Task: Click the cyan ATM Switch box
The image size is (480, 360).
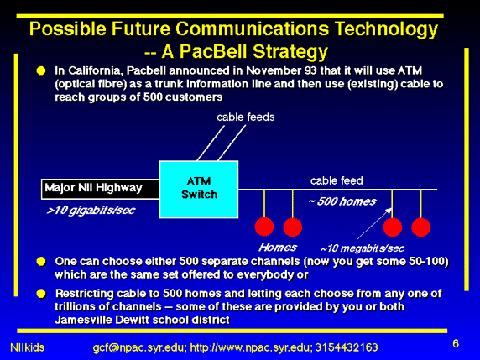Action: [199, 190]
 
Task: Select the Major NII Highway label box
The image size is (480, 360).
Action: [101, 189]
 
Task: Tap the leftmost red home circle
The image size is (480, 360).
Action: [264, 227]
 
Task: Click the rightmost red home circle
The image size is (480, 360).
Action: [421, 227]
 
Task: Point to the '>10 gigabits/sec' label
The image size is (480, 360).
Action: [91, 211]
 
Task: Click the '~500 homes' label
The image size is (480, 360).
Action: [342, 201]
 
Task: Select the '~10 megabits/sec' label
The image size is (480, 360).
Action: [363, 248]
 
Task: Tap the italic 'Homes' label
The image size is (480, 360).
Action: [278, 247]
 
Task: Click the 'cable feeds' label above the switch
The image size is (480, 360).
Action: [246, 117]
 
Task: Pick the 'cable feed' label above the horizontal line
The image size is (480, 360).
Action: [337, 180]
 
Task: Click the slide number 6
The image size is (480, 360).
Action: [456, 344]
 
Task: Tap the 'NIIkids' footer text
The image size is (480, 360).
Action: [27, 347]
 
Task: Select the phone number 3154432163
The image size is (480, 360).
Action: [347, 347]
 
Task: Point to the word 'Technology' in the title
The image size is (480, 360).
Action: [386, 29]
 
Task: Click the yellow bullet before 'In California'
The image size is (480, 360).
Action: [41, 70]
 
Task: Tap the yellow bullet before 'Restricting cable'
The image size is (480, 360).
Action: [41, 294]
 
